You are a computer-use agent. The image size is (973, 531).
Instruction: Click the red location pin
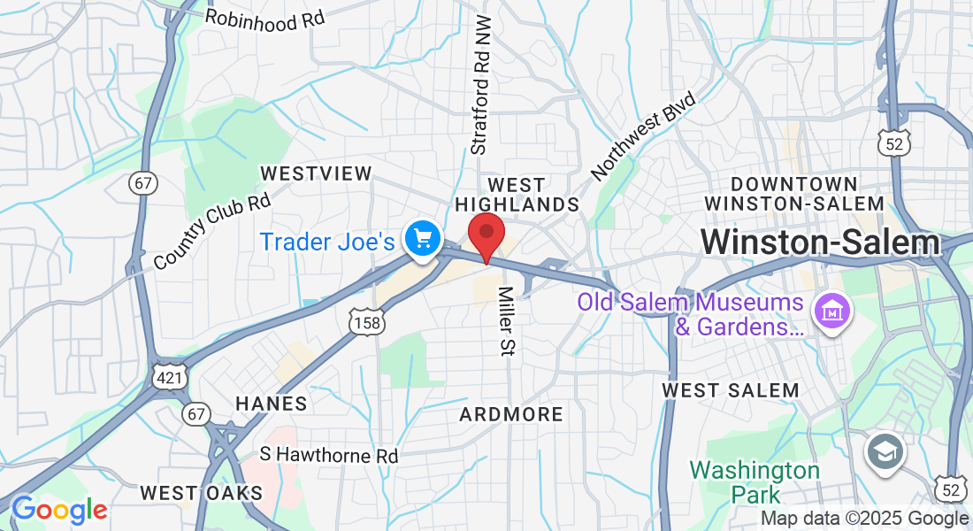(486, 234)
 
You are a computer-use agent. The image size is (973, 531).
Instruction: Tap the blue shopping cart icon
(422, 238)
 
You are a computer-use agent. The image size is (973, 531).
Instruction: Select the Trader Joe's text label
(326, 241)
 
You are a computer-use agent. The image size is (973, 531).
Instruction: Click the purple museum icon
(833, 312)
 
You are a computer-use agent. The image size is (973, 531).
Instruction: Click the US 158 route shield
(365, 322)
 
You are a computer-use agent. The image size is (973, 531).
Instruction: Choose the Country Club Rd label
(211, 232)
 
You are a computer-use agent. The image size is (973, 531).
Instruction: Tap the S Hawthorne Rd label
(329, 456)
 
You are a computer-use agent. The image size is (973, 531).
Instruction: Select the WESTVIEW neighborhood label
(317, 173)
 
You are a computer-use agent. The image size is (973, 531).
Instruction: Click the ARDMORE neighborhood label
(511, 414)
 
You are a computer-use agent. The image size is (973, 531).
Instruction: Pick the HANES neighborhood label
(272, 404)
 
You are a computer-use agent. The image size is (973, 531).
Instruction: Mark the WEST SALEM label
(730, 390)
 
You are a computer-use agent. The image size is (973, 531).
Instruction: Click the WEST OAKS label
(202, 492)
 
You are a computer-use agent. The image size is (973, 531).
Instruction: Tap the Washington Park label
(755, 481)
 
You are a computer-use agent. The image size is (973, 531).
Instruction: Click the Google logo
(59, 510)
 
